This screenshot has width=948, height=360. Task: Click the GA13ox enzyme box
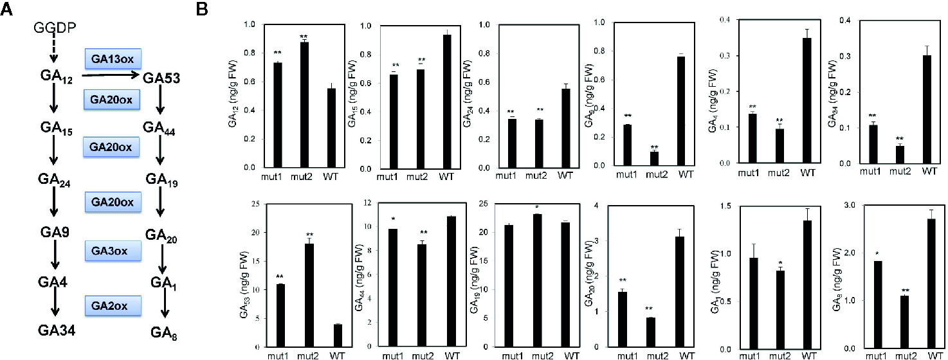click(x=113, y=57)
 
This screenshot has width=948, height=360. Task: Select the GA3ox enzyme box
click(x=113, y=249)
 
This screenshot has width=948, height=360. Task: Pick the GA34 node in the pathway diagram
click(x=55, y=330)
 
